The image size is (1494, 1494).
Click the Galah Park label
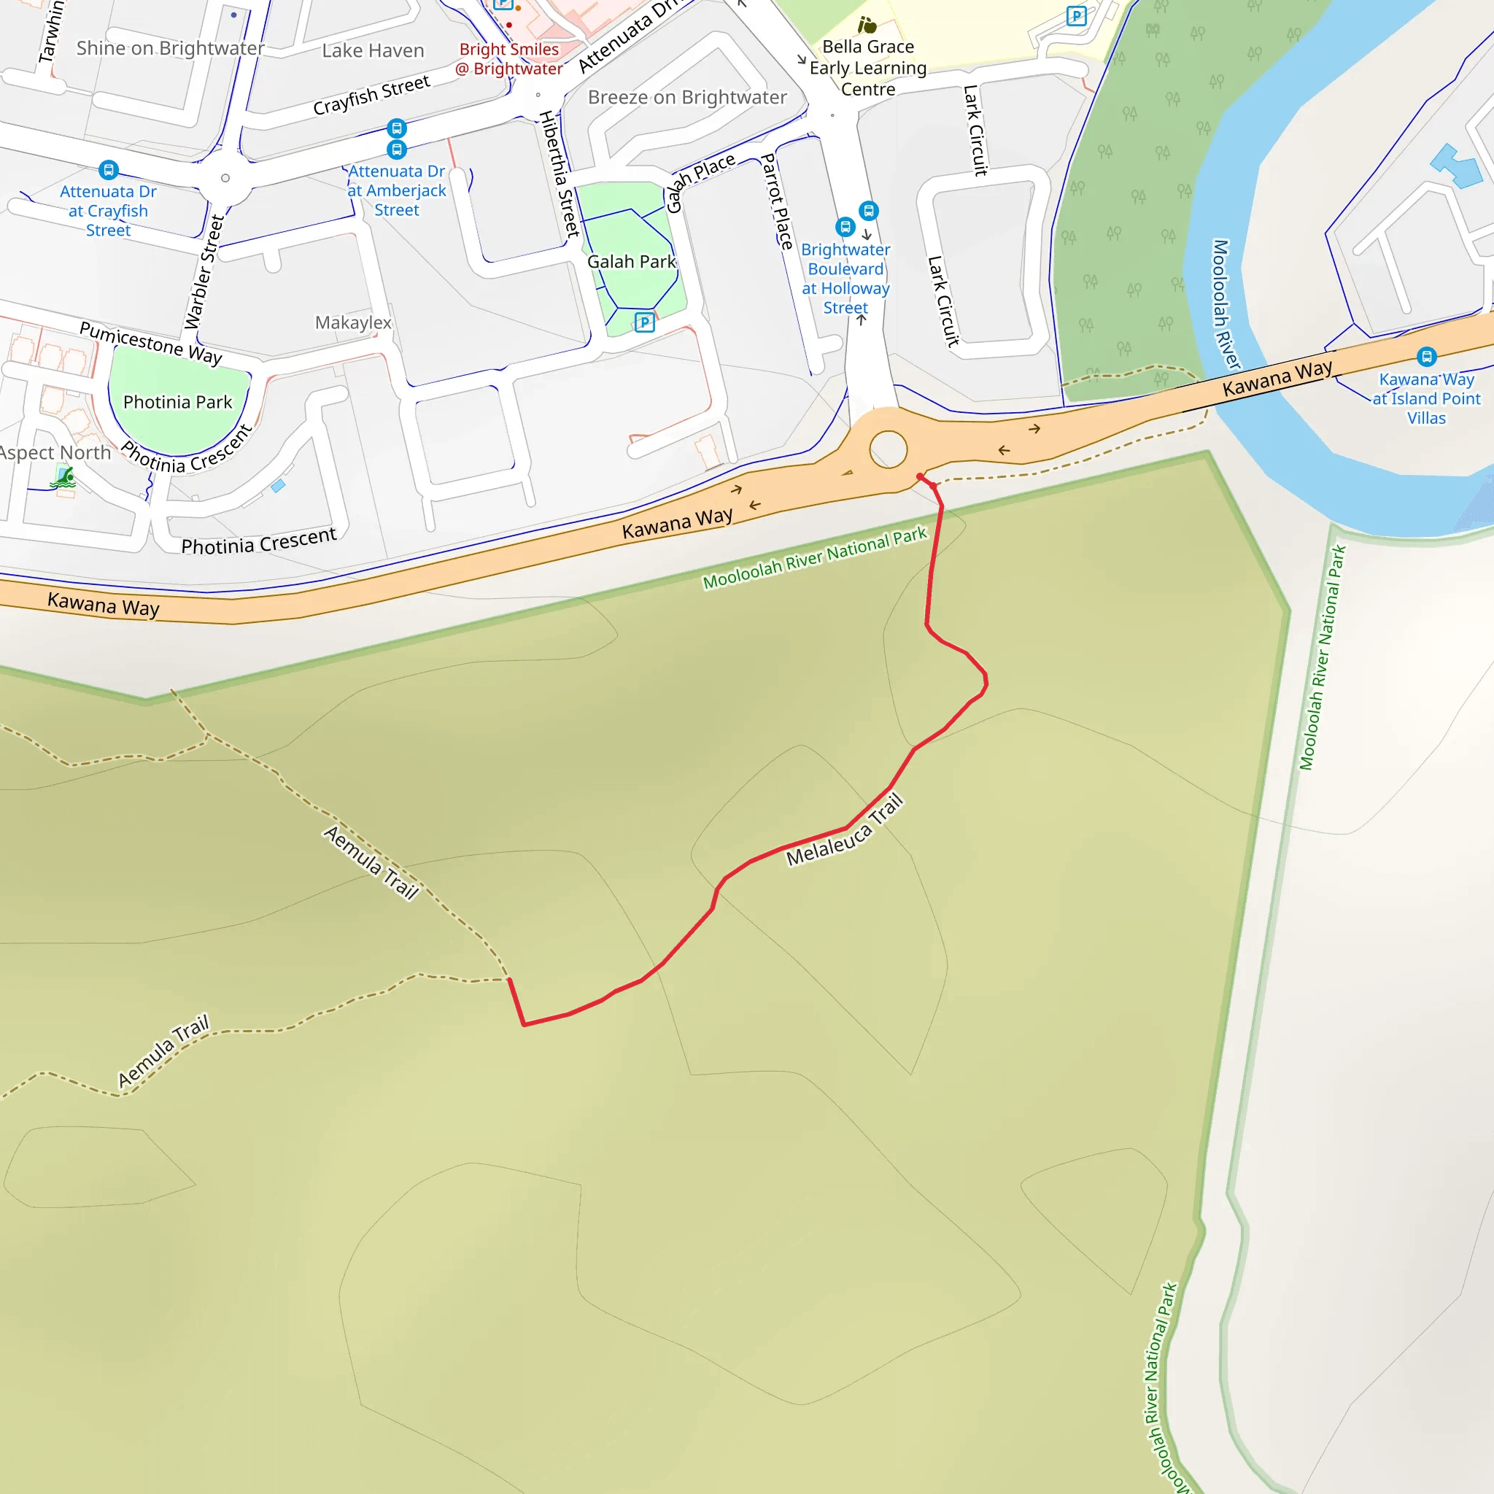pos(631,262)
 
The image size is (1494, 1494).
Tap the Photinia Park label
pos(177,402)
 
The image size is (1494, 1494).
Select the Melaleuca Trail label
pos(845,830)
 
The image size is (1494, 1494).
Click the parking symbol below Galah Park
pos(644,322)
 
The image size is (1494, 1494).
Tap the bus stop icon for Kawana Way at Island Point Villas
pos(1427,357)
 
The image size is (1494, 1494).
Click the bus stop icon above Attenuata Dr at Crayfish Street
pos(109,170)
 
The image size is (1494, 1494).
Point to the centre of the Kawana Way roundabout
pos(889,449)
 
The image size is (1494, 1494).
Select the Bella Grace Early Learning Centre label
pos(867,68)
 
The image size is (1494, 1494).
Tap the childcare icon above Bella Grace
pos(867,26)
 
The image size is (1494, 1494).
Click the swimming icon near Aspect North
pos(63,479)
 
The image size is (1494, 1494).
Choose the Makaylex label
pos(353,322)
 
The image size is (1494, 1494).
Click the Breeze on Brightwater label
pos(686,98)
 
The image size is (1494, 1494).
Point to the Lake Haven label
pos(373,51)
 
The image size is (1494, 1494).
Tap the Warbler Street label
pos(204,272)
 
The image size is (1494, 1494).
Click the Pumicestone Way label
pos(151,343)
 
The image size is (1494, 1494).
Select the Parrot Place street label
pos(777,201)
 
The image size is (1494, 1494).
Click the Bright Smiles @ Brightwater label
pos(509,59)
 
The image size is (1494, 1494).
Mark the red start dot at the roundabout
pos(919,476)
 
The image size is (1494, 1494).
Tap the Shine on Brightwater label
pos(170,49)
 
